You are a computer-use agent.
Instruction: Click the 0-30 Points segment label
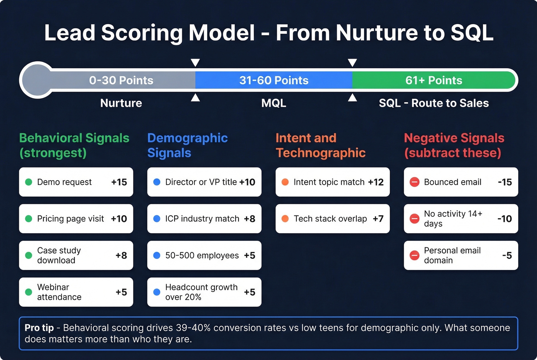[121, 81]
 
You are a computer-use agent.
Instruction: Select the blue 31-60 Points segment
[273, 81]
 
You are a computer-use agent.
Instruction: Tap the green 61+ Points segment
[433, 81]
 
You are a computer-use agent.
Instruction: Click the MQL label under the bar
[273, 103]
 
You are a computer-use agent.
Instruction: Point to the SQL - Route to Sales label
[433, 103]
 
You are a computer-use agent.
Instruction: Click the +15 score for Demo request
[119, 182]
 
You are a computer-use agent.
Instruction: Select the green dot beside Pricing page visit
[28, 219]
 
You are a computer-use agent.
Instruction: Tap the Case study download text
[59, 255]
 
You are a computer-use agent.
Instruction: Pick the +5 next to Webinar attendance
[121, 292]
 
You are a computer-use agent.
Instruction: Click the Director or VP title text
[201, 182]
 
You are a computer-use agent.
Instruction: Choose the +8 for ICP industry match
[249, 219]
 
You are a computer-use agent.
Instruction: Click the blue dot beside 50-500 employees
[156, 255]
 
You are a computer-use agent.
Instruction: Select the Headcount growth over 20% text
[201, 292]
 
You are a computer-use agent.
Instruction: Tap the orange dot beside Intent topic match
[285, 182]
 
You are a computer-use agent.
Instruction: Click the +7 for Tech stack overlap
[378, 219]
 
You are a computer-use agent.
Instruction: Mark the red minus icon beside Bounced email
[414, 182]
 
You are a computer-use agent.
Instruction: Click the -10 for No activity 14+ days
[504, 219]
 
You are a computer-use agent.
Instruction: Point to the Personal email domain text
[452, 255]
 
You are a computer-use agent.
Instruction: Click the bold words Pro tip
[39, 328]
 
